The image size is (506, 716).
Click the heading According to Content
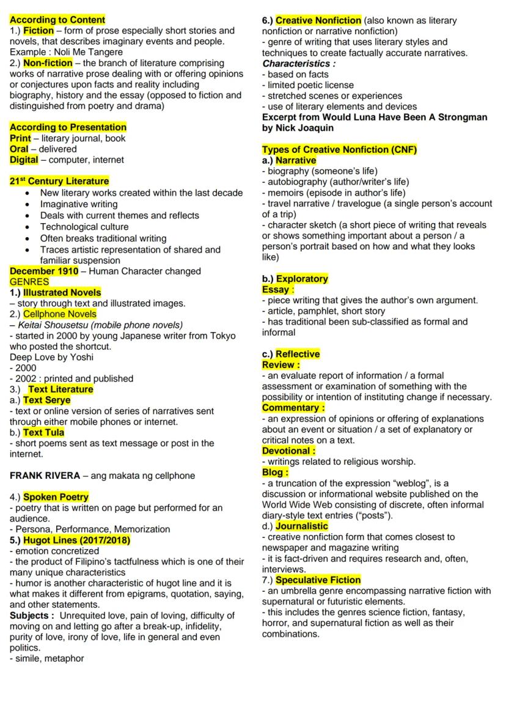click(57, 20)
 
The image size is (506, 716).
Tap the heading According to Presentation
click(68, 127)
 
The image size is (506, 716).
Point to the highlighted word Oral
click(19, 149)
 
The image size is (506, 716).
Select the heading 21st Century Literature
click(59, 182)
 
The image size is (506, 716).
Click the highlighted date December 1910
click(44, 271)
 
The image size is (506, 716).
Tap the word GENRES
click(29, 282)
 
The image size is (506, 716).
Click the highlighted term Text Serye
click(47, 400)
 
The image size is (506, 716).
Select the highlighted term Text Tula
click(43, 433)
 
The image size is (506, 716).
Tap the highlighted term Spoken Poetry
click(56, 497)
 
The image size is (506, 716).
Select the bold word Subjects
click(32, 615)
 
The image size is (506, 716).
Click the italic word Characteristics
click(298, 63)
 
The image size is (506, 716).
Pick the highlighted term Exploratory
click(302, 279)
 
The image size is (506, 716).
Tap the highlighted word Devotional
click(287, 451)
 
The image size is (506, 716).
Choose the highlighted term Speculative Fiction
click(318, 580)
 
